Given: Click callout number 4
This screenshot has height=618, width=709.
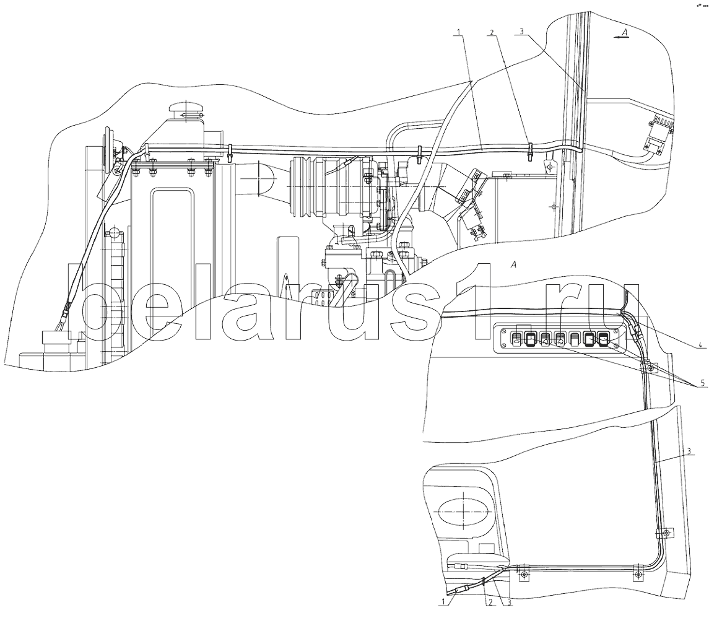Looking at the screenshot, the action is pyautogui.click(x=700, y=346).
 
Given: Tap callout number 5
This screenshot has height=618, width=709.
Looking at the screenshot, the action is pyautogui.click(x=702, y=383).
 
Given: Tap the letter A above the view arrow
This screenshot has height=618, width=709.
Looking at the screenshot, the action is pyautogui.click(x=624, y=31).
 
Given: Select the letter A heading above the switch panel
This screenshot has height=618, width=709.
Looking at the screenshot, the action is pyautogui.click(x=513, y=266).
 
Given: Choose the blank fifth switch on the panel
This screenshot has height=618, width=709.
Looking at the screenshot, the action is pyautogui.click(x=575, y=338).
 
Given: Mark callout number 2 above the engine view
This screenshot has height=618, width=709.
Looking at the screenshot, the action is pyautogui.click(x=492, y=33).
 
